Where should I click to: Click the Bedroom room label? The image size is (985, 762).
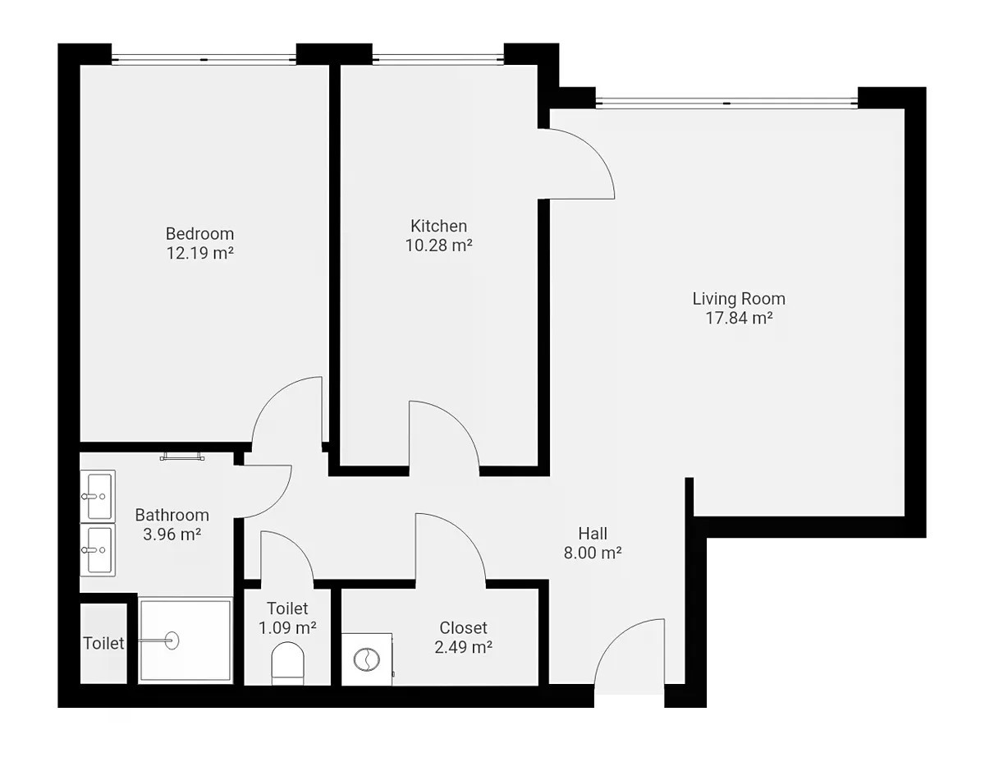(200, 234)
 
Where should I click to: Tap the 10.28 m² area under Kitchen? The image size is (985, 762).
(438, 246)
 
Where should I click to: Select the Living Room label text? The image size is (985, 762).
(739, 299)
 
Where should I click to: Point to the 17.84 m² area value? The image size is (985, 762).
(739, 318)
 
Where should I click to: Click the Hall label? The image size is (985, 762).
(593, 534)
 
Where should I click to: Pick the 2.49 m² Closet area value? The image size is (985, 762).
(463, 647)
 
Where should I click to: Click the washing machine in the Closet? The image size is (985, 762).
(367, 659)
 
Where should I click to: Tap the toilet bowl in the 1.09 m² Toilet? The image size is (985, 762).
(287, 663)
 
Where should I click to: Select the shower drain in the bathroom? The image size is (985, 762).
(172, 640)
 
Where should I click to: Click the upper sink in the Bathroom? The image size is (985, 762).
(98, 495)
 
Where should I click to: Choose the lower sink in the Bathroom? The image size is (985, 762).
(98, 550)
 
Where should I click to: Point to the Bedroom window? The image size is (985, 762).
(204, 59)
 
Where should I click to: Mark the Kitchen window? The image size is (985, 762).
(438, 59)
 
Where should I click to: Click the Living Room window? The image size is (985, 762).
(726, 103)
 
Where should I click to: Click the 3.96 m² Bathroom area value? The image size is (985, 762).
(172, 535)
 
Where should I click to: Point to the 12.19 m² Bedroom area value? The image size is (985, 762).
(200, 253)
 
